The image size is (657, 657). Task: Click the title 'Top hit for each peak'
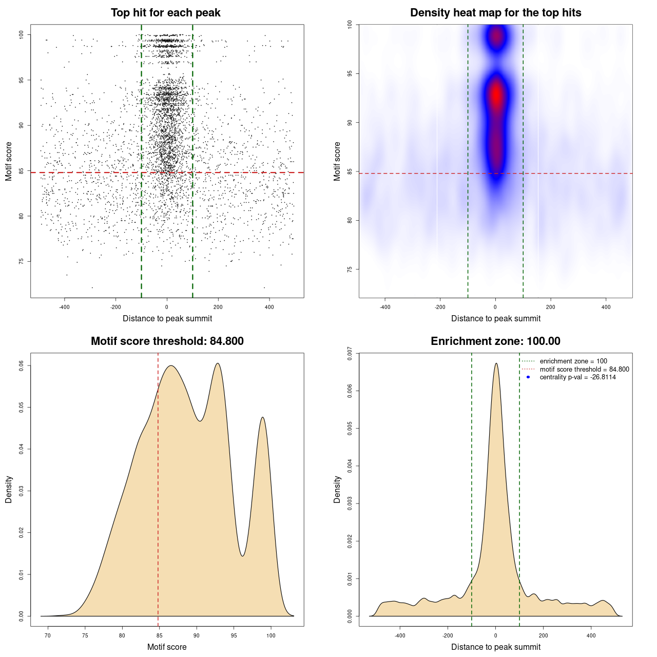166,13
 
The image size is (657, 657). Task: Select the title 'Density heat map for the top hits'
495,13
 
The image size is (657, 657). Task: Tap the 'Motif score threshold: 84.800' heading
167,341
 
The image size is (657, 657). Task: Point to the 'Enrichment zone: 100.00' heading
495,341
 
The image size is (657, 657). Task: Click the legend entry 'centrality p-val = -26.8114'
577,377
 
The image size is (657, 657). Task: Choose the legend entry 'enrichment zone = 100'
573,361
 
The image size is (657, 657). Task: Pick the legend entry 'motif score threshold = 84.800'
584,370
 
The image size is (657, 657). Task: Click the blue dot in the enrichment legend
528,377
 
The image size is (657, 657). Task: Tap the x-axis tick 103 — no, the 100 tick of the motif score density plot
271,635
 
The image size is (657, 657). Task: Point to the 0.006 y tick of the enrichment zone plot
350,391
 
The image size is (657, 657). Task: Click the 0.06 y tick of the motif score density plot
21,365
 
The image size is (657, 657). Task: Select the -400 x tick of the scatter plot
65,307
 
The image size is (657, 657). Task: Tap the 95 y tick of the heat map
350,73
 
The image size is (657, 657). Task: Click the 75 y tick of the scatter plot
21,261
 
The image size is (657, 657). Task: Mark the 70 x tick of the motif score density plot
48,635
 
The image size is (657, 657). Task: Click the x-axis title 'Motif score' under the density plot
167,647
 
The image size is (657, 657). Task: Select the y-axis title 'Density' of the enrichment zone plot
337,489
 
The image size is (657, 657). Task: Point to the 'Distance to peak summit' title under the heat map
495,318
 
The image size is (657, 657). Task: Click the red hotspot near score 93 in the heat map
496,95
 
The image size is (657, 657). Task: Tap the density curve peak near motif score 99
263,417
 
